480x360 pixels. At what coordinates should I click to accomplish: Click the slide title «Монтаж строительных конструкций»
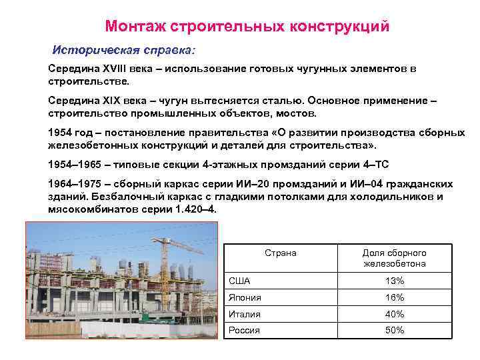(x=247, y=26)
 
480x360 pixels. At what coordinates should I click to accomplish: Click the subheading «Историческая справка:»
(x=125, y=51)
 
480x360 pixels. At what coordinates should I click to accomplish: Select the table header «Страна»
(x=280, y=253)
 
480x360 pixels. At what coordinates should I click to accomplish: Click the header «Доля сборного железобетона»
(x=394, y=258)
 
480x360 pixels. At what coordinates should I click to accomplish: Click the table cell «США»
(x=239, y=281)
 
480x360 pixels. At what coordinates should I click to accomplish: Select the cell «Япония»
(x=245, y=297)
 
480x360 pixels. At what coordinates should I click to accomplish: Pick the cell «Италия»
(x=244, y=314)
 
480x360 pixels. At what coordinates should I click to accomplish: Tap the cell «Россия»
(x=244, y=330)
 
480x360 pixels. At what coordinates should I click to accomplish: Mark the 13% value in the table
(x=394, y=281)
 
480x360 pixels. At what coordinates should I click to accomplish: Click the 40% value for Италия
(x=394, y=314)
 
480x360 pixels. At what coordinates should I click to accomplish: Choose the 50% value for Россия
(x=394, y=330)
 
